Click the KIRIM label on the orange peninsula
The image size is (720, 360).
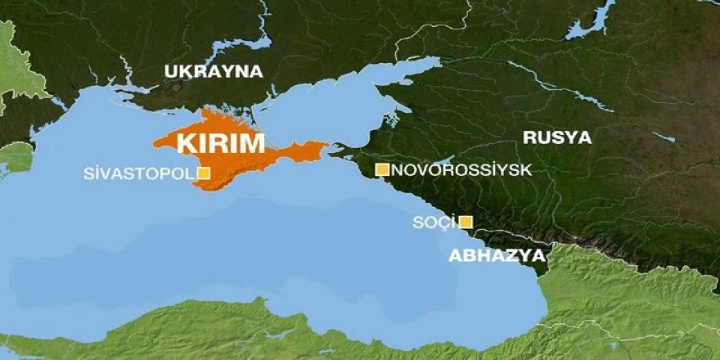tap(221, 143)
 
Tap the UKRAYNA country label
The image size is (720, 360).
tap(214, 71)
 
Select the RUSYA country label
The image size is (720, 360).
tap(556, 137)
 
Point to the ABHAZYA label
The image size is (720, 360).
tap(497, 255)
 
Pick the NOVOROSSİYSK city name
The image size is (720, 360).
tap(461, 170)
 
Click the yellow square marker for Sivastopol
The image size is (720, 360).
tap(203, 173)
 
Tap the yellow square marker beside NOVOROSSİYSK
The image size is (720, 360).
tap(381, 169)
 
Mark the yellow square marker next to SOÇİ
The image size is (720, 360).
tap(465, 222)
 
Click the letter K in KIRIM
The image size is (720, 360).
tap(185, 143)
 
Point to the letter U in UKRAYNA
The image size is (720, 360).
tap(170, 71)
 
